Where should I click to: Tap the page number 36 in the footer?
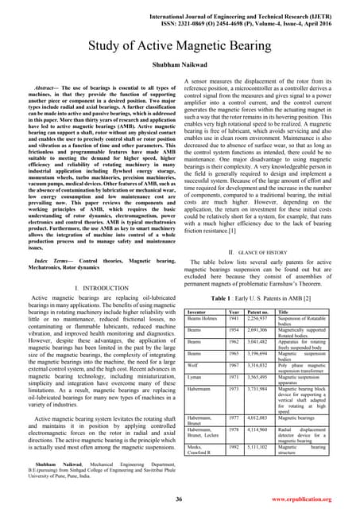coord(180,498)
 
